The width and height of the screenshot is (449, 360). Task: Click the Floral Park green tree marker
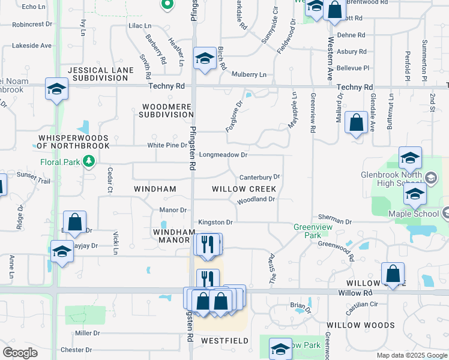[x=89, y=161]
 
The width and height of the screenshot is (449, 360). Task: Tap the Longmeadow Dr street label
[x=223, y=155]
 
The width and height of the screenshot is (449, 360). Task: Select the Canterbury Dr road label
[x=260, y=178]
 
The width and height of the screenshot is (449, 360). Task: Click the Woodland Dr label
[x=256, y=199]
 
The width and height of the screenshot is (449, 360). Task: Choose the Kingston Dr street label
[x=215, y=222]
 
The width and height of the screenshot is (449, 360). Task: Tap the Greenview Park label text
[x=308, y=231]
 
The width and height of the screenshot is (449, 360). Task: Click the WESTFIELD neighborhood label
[x=224, y=341]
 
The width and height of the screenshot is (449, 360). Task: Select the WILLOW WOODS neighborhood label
[x=360, y=325]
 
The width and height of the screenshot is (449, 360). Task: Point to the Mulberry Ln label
[x=250, y=74]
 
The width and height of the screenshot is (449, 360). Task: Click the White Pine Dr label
[x=167, y=145]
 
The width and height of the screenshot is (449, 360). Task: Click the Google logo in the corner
[x=20, y=353]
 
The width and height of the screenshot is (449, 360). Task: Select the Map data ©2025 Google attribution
[x=411, y=355]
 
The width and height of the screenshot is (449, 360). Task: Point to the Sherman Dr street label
[x=335, y=221]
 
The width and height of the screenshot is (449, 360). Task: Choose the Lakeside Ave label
[x=32, y=46]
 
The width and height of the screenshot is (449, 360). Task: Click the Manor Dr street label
[x=173, y=210]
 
